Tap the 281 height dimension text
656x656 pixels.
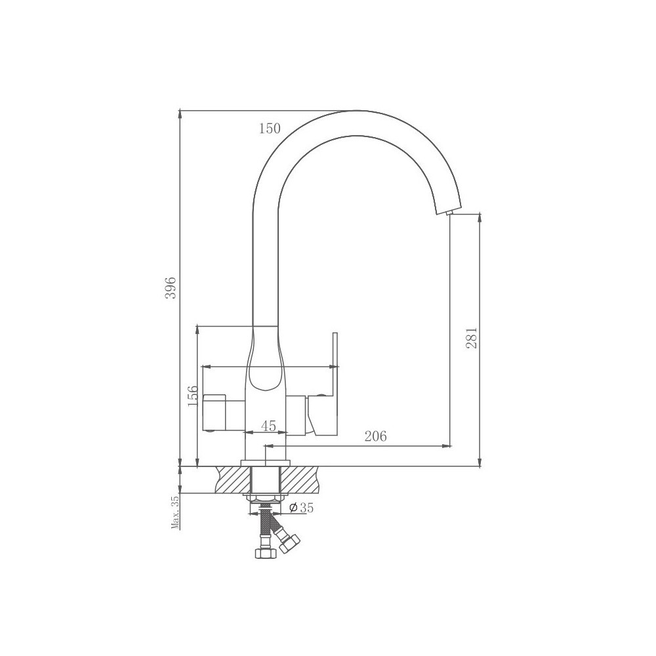click(x=471, y=337)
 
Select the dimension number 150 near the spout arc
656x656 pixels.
click(x=270, y=129)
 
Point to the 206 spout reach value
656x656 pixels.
click(x=376, y=436)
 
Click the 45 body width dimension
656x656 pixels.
click(x=268, y=426)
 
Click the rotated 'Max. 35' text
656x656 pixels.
click(x=175, y=511)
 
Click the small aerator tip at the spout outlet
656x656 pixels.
click(x=450, y=213)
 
